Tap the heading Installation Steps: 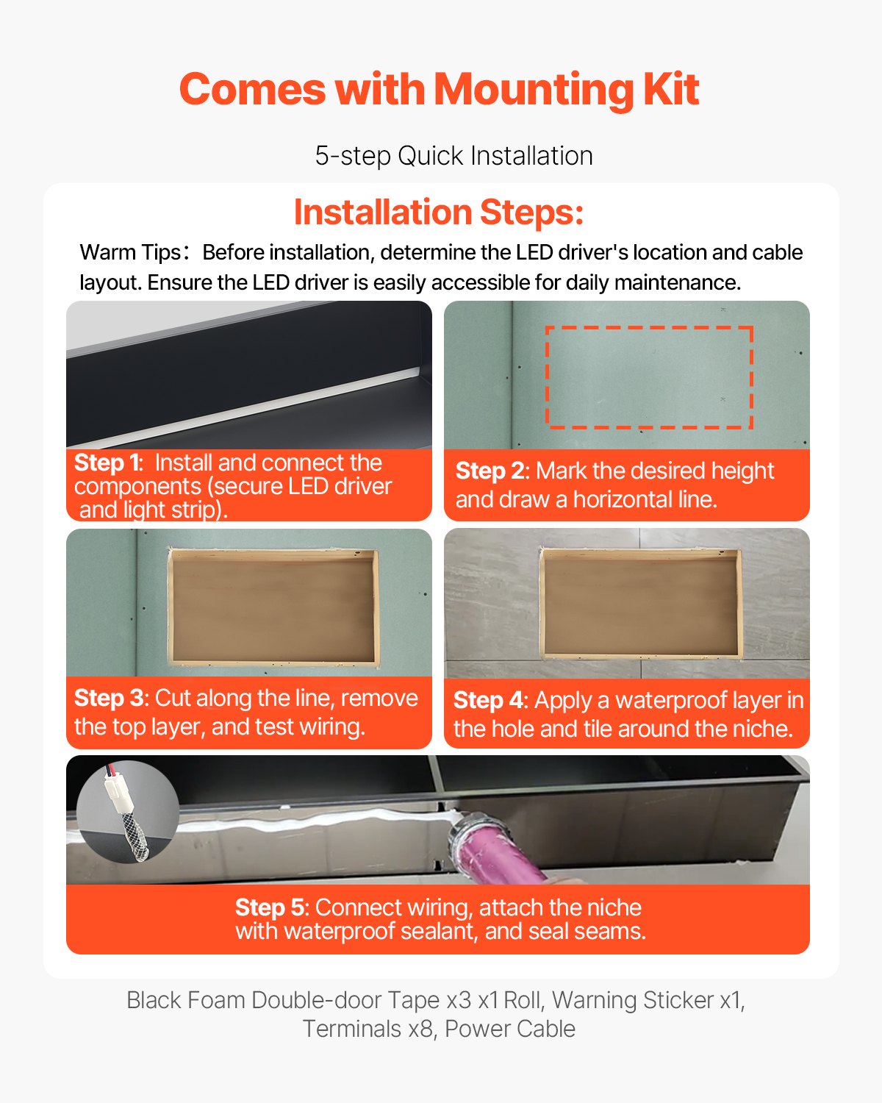(439, 213)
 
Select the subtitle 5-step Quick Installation (453, 156)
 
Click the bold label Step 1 (107, 463)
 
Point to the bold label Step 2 (489, 471)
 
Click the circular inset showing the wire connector (128, 812)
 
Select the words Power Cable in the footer (510, 1029)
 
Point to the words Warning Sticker (632, 1000)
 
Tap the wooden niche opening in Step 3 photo (273, 607)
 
